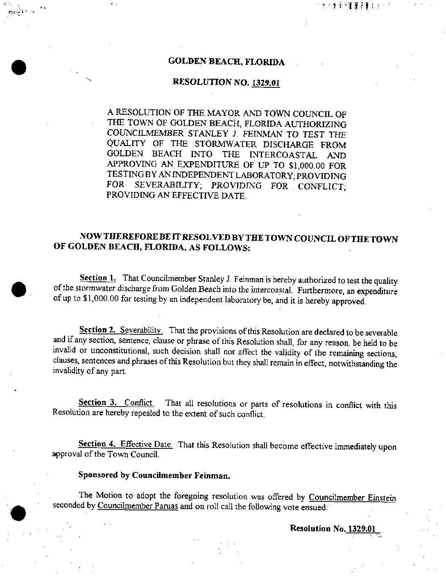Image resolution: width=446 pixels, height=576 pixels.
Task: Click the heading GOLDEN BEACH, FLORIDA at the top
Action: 226,62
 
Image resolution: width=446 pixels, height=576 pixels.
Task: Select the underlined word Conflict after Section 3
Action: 139,402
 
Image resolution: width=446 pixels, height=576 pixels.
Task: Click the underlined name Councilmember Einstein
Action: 352,498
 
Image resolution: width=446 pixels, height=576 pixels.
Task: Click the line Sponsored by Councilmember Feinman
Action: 154,476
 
